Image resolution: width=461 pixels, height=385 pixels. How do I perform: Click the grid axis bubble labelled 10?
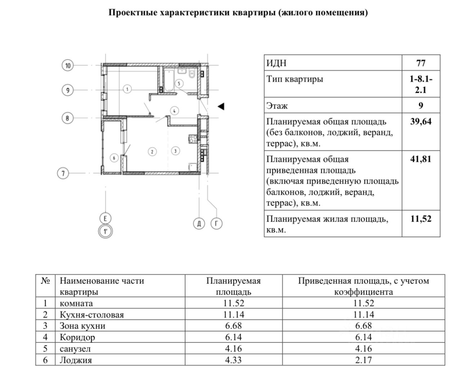tap(67, 66)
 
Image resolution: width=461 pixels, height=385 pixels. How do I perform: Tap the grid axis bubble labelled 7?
tap(63, 173)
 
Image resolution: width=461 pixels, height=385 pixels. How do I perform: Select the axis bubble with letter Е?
tap(105, 218)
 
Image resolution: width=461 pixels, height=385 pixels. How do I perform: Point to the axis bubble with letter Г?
tap(216, 224)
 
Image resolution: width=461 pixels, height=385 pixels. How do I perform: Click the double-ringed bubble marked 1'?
tap(105, 231)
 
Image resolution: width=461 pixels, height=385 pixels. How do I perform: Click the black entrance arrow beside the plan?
tap(221, 106)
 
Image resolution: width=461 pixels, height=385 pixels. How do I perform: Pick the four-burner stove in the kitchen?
tap(193, 139)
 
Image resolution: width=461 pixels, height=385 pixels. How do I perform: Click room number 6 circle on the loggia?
tap(114, 158)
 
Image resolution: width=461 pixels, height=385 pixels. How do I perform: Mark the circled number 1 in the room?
tap(127, 88)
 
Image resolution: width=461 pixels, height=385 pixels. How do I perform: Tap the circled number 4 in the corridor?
tap(174, 111)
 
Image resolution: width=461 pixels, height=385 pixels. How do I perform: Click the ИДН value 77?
tap(421, 63)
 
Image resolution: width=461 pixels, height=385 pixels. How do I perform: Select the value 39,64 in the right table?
tap(421, 121)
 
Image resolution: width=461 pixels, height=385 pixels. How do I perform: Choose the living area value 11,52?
tap(421, 219)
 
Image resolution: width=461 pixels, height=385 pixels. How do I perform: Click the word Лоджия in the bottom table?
tap(76, 360)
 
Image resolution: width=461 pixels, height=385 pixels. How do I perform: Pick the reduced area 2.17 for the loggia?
tap(363, 360)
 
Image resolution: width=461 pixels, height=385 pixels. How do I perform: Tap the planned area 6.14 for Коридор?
tap(233, 337)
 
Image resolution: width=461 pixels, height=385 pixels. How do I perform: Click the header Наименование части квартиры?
tap(102, 286)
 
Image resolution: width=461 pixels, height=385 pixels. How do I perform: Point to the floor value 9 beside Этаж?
tap(421, 106)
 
